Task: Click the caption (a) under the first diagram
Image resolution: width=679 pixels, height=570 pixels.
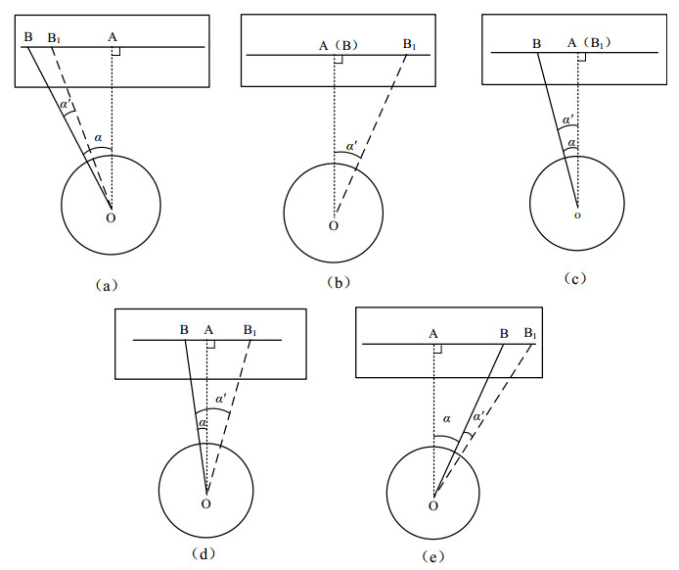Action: pyautogui.click(x=108, y=286)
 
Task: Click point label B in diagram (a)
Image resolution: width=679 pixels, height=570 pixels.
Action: pyautogui.click(x=28, y=37)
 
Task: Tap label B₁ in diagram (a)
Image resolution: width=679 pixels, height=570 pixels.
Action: pyautogui.click(x=55, y=38)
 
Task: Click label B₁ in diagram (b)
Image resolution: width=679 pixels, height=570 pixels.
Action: pyautogui.click(x=410, y=44)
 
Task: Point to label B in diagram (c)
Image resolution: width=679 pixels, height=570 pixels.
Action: pyautogui.click(x=536, y=44)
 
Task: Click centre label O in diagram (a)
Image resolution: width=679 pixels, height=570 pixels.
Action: pyautogui.click(x=111, y=216)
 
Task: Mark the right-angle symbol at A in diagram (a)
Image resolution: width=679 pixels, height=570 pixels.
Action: pyautogui.click(x=115, y=50)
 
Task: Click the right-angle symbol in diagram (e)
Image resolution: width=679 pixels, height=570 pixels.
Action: pyautogui.click(x=437, y=348)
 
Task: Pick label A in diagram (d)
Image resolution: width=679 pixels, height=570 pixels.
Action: pyautogui.click(x=208, y=329)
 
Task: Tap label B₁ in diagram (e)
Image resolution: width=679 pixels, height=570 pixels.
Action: pyautogui.click(x=531, y=334)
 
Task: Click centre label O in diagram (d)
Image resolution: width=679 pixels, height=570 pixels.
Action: pyautogui.click(x=205, y=503)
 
